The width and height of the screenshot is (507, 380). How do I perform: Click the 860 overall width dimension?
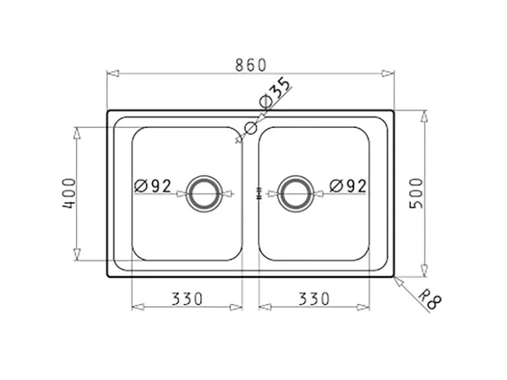pos(251,65)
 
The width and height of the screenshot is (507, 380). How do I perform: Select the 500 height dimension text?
pos(416,193)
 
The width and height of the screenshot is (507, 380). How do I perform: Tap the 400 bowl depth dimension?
pos(69,193)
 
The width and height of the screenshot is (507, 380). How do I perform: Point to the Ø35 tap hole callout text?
pos(275,92)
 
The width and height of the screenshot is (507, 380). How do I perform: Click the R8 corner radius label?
pos(430,299)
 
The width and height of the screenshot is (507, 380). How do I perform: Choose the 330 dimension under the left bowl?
pos(187,299)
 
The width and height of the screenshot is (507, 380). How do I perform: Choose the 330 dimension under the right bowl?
pos(314,299)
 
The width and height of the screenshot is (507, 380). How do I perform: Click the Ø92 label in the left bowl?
pos(153,186)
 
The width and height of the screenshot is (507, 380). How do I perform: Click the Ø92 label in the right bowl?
pos(348,186)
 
